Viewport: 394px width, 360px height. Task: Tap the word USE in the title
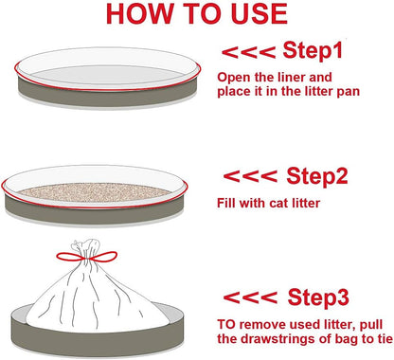260,13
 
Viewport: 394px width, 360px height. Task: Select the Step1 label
313,50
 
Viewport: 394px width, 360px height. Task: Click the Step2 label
317,175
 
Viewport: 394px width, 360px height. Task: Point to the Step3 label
318,297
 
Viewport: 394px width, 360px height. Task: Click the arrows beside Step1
249,52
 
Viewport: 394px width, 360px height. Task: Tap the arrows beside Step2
250,176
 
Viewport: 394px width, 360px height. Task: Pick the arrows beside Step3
250,297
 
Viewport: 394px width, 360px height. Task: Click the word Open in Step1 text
230,78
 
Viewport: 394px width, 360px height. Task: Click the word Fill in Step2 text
226,203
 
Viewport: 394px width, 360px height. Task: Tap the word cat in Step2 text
278,204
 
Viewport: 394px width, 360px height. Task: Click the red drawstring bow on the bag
86,257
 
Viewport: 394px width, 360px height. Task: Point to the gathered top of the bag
85,248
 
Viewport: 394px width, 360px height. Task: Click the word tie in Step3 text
385,339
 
